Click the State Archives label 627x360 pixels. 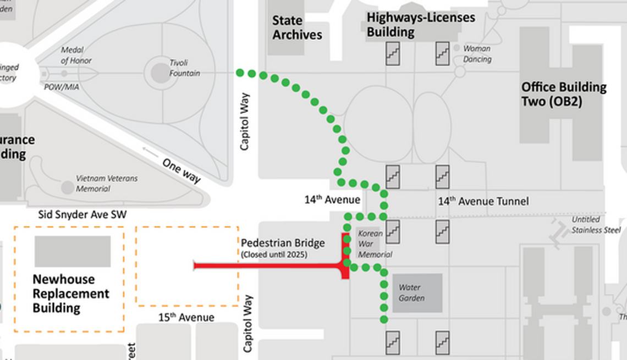click(297, 27)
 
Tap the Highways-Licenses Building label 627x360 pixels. click(421, 25)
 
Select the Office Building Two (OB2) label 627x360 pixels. click(564, 95)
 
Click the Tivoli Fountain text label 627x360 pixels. click(184, 68)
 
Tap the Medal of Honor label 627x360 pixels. click(76, 55)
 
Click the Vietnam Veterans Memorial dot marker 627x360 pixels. click(67, 187)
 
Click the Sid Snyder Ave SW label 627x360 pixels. click(82, 215)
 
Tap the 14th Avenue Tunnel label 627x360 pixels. click(483, 202)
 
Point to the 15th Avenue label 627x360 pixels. click(186, 317)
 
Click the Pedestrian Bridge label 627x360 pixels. click(283, 243)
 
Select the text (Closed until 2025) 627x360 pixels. click(273, 254)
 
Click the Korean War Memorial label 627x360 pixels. click(375, 243)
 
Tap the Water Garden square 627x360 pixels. click(417, 293)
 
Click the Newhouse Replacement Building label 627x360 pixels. click(70, 293)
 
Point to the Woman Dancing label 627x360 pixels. click(477, 53)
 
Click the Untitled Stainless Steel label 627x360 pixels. click(596, 225)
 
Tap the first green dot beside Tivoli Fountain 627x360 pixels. click(239, 73)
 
